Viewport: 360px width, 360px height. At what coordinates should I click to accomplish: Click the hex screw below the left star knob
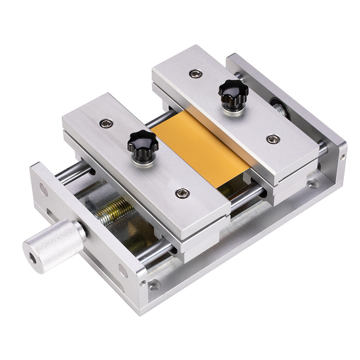coord(183,193)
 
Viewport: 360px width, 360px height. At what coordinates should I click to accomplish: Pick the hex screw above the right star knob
coord(195,73)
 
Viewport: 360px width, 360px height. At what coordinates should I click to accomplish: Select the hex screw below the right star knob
coord(273,139)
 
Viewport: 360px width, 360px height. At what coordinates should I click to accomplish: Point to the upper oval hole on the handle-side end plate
coord(43,189)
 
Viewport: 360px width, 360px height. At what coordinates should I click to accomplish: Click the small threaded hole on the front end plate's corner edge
coord(143,283)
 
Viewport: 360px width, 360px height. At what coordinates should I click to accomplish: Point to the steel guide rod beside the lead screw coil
coord(74,172)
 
